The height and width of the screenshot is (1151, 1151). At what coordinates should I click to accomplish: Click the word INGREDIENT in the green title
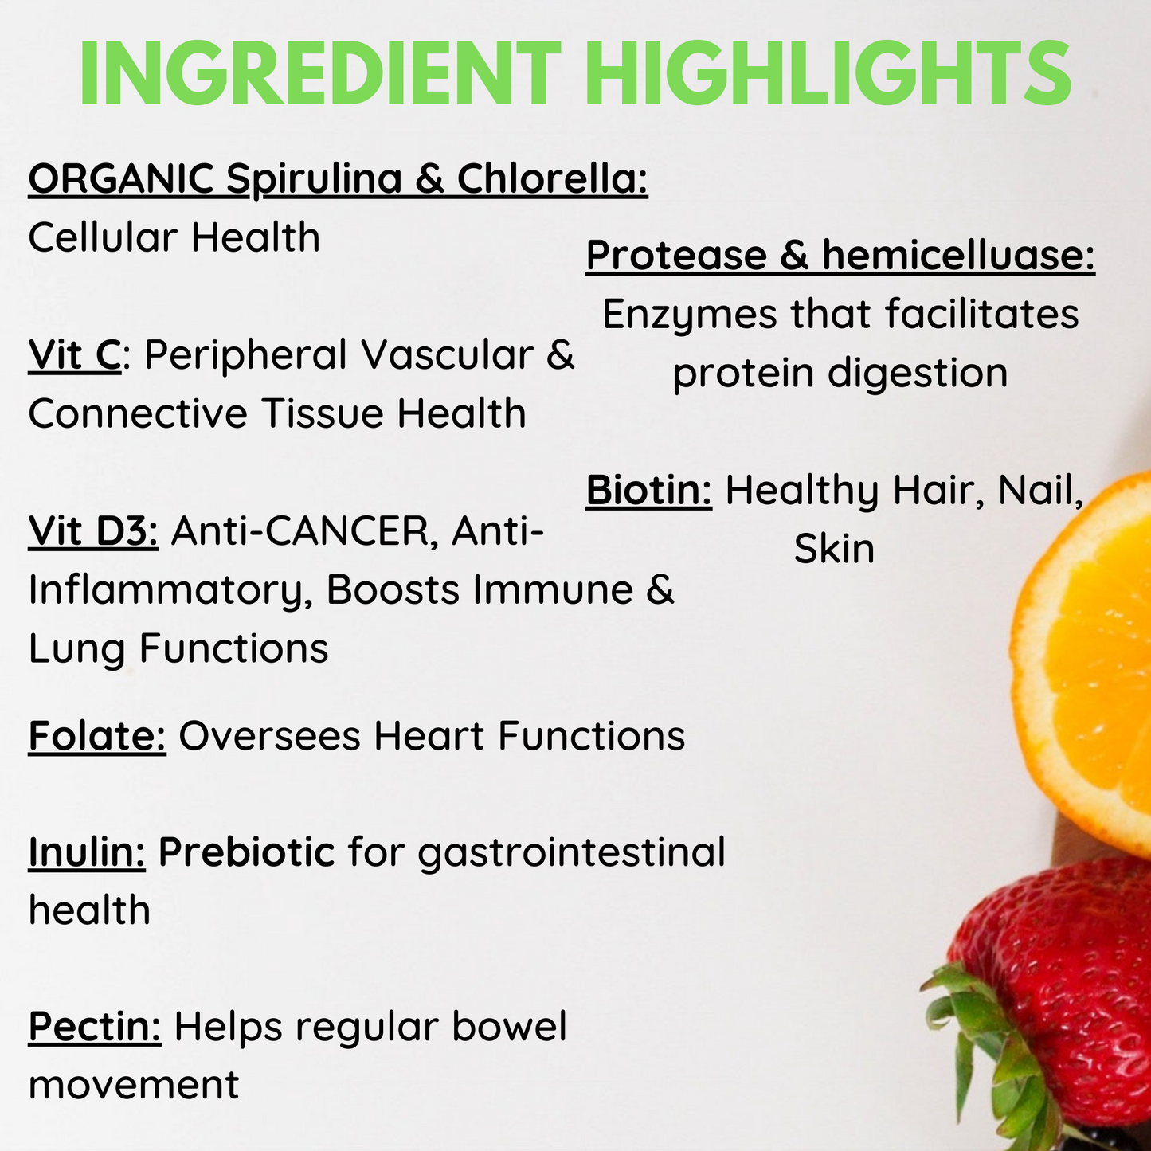click(x=320, y=72)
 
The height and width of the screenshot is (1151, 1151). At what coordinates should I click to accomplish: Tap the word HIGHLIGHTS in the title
click(x=828, y=72)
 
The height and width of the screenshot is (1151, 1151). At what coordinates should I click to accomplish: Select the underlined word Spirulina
click(x=314, y=180)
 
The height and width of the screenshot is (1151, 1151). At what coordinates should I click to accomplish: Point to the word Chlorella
click(x=553, y=178)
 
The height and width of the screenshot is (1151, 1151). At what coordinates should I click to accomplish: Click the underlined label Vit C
click(x=75, y=355)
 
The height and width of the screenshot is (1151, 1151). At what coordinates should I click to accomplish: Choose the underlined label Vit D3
click(x=93, y=531)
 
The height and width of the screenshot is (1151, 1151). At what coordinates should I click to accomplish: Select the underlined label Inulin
click(x=87, y=852)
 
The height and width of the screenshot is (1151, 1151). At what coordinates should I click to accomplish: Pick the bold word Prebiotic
click(x=247, y=852)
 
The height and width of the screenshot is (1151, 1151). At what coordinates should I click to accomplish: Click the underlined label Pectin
click(x=95, y=1027)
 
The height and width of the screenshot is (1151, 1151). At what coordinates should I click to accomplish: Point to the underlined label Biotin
click(x=649, y=491)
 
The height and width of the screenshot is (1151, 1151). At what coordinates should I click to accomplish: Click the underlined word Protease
click(x=676, y=255)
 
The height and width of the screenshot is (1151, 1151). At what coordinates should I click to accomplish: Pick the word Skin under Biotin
click(x=835, y=549)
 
